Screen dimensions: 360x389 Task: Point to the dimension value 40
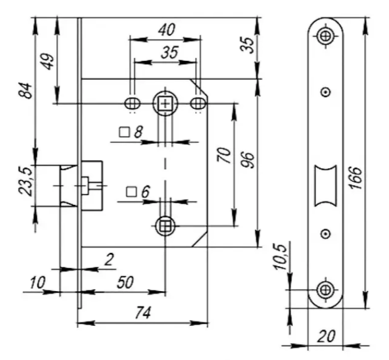pyautogui.click(x=166, y=29)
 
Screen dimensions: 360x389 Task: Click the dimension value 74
pyautogui.click(x=142, y=313)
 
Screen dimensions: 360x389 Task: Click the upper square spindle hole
pyautogui.click(x=166, y=104)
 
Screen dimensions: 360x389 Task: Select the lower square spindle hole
pyautogui.click(x=166, y=226)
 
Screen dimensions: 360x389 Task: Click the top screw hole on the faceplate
pyautogui.click(x=326, y=36)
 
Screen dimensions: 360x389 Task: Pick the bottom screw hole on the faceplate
pyautogui.click(x=326, y=289)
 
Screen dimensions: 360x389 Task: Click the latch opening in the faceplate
pyautogui.click(x=325, y=185)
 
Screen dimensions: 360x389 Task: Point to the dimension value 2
pyautogui.click(x=108, y=259)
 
